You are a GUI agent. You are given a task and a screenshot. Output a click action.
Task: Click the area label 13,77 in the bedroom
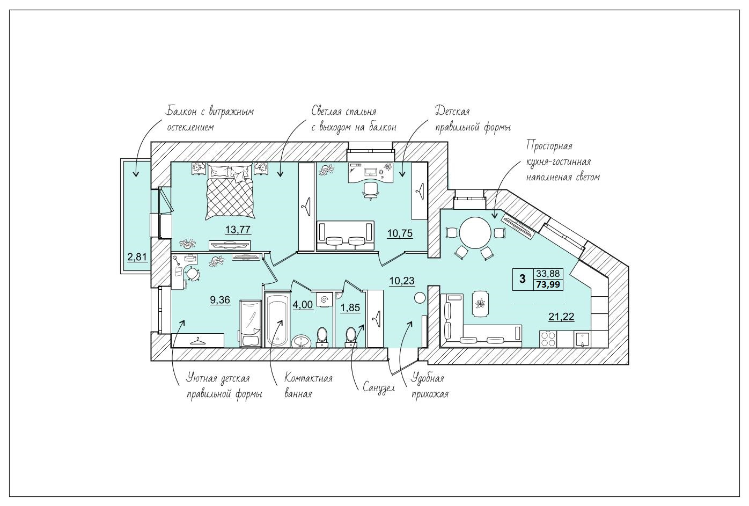click(x=238, y=230)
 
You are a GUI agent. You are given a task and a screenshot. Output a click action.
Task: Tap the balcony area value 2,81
click(x=137, y=257)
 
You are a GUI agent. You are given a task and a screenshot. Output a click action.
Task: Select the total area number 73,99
click(x=548, y=284)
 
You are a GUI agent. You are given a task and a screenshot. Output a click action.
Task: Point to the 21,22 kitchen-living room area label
click(x=561, y=317)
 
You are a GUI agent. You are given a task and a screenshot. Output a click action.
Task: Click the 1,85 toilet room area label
click(x=350, y=307)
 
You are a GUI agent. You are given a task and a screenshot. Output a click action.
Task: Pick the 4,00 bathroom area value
click(x=303, y=304)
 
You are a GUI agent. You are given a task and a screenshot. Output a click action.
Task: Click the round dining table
click(x=475, y=233)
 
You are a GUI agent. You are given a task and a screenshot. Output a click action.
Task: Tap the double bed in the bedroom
click(x=230, y=191)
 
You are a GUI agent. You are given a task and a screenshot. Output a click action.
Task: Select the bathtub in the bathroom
click(x=277, y=320)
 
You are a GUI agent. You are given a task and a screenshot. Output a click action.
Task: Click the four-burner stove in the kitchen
click(x=548, y=339)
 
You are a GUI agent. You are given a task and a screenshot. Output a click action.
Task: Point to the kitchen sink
click(x=583, y=339)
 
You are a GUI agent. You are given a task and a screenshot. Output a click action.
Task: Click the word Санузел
click(x=379, y=388)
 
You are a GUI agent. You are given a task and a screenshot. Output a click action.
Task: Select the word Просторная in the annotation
click(x=549, y=146)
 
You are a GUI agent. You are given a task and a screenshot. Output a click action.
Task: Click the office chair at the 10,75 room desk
click(x=371, y=190)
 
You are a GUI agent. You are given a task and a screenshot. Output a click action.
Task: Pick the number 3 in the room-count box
click(x=522, y=278)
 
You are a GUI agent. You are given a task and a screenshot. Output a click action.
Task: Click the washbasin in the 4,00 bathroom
click(x=302, y=341)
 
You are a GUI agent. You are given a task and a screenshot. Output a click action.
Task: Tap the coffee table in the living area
click(x=481, y=304)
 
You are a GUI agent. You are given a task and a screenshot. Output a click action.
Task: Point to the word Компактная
click(x=309, y=378)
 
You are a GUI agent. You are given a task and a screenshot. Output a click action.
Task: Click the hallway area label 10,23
click(x=402, y=281)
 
